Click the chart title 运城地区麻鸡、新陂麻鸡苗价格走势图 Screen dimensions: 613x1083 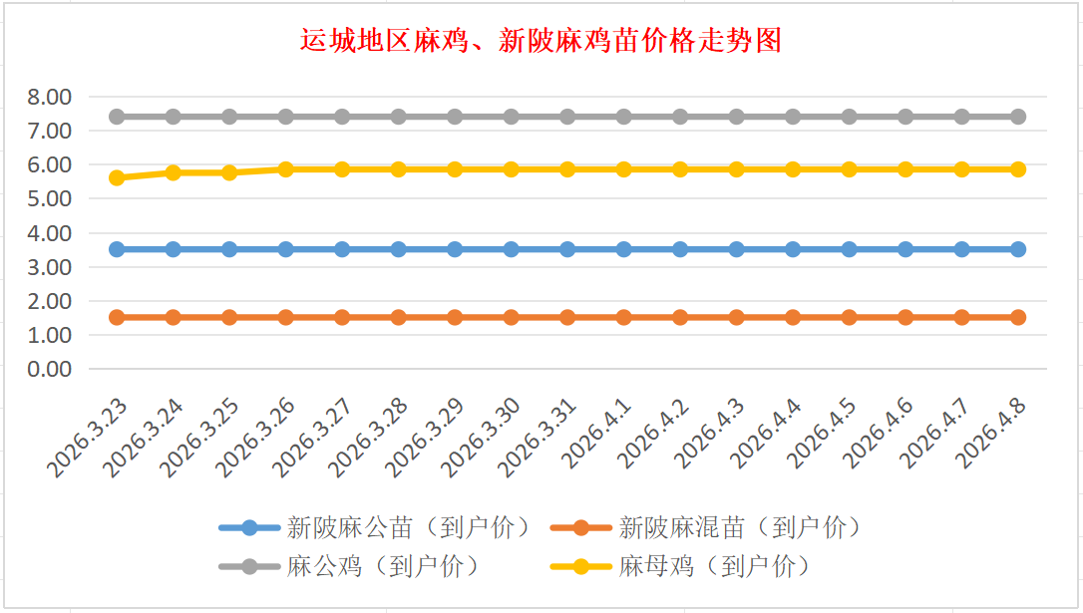coord(541,41)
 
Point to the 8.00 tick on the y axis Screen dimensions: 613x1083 coord(50,97)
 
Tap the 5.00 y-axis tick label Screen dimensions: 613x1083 coord(50,199)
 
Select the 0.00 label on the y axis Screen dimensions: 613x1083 coord(50,369)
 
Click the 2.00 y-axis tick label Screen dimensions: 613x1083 coord(50,301)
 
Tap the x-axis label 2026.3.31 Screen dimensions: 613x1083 coord(540,435)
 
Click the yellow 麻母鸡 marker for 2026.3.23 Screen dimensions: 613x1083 coord(117,177)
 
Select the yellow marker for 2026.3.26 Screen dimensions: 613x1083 coord(285,169)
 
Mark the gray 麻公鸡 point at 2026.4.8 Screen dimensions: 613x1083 coord(1018,117)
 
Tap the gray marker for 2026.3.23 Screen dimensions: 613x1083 coord(117,117)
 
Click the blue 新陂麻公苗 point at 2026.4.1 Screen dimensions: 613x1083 coord(623,249)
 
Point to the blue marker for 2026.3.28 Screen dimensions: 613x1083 coord(398,249)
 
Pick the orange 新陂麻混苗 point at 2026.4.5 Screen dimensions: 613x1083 coord(849,317)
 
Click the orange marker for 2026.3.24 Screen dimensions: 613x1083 coord(173,317)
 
